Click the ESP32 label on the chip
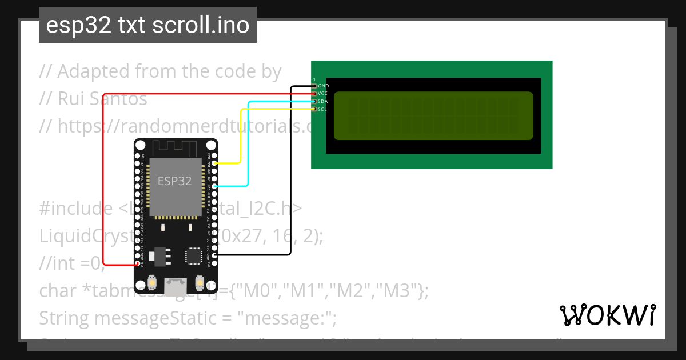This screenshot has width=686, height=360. pyautogui.click(x=174, y=181)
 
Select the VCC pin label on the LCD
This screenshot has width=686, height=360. pyautogui.click(x=323, y=93)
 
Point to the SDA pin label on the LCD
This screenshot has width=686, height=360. pyautogui.click(x=323, y=101)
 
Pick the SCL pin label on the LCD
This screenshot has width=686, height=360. pyautogui.click(x=323, y=109)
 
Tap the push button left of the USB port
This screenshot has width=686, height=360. pyautogui.click(x=152, y=282)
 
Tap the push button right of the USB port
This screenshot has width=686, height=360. pyautogui.click(x=200, y=282)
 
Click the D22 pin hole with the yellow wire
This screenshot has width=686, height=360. pyautogui.click(x=214, y=163)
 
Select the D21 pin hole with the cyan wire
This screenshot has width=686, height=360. pyautogui.click(x=214, y=186)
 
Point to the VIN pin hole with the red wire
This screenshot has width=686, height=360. pyautogui.click(x=137, y=264)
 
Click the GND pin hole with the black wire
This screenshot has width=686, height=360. pyautogui.click(x=214, y=255)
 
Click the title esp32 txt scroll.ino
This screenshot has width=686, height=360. pyautogui.click(x=147, y=25)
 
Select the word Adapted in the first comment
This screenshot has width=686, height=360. pyautogui.click(x=94, y=72)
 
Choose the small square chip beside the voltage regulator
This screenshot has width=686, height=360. pyautogui.click(x=193, y=257)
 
